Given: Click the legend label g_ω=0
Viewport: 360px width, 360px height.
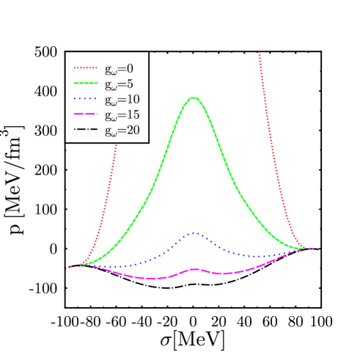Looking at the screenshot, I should [118, 69].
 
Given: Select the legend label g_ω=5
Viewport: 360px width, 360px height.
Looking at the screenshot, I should [118, 84].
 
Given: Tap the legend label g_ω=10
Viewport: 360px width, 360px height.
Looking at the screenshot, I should [121, 100].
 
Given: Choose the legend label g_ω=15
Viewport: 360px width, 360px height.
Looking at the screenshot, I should [121, 116].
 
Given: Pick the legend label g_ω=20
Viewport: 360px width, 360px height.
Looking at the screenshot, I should [121, 132].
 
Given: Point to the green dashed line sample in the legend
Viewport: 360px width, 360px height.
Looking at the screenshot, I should [85, 84].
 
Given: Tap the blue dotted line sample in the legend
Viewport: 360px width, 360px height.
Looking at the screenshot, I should [85, 100].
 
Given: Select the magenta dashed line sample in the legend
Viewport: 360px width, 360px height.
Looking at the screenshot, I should [85, 116].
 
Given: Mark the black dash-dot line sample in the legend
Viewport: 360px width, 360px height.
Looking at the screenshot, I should [85, 132].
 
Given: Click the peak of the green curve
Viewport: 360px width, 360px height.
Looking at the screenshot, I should [194, 98].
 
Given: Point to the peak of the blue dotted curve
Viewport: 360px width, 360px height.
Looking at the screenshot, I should [194, 232].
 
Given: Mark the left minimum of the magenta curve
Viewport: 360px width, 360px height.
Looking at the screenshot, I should [151, 278].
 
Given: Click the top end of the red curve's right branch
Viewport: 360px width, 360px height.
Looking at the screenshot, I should [260, 53].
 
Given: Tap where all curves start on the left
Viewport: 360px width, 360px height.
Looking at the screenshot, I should [74, 266].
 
